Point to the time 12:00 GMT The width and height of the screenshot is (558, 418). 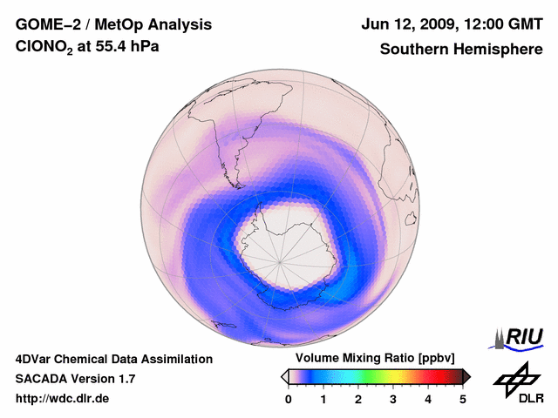(502, 25)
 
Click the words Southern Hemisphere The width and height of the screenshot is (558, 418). (460, 50)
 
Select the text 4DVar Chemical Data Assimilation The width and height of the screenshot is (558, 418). (114, 359)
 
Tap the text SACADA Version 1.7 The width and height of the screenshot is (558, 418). (75, 379)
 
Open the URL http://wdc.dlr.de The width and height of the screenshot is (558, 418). (63, 399)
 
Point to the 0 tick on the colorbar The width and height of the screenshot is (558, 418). (289, 399)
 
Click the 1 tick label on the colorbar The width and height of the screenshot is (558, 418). (323, 399)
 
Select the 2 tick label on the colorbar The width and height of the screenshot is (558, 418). (358, 399)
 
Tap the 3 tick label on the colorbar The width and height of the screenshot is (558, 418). (393, 399)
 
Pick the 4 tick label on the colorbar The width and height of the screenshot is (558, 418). (428, 399)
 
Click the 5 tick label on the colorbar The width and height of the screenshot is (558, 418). (463, 399)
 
